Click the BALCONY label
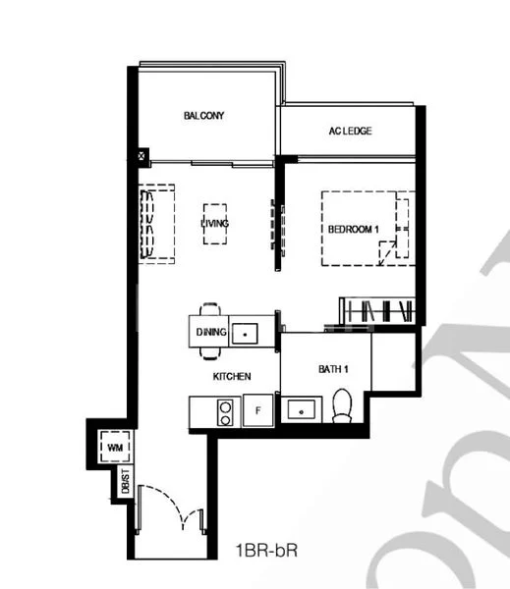[x=204, y=116]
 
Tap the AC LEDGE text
[x=350, y=132]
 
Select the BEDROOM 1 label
[x=353, y=229]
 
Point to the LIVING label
[x=214, y=224]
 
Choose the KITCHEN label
[x=233, y=376]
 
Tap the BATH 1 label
[x=332, y=369]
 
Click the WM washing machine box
[x=114, y=449]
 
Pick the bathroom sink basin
[x=299, y=410]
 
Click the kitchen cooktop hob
[x=226, y=411]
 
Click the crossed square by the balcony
[x=144, y=155]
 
